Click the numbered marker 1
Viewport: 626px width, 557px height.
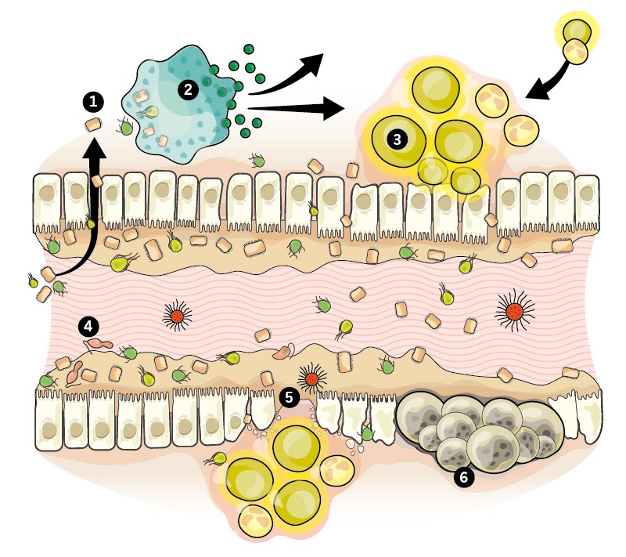(94, 100)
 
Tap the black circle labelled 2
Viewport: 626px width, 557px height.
(188, 89)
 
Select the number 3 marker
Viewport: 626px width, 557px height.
(398, 139)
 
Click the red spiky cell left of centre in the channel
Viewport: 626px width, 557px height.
(178, 316)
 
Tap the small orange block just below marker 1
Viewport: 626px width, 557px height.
(92, 125)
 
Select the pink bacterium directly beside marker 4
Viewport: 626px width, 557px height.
(100, 342)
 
